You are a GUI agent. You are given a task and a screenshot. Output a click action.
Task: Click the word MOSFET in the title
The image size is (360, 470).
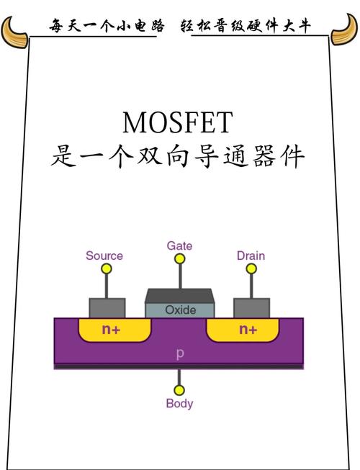click(x=178, y=122)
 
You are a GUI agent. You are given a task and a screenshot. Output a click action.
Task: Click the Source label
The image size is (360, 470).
click(x=104, y=256)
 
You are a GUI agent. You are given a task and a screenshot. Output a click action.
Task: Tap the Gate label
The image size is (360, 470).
click(x=179, y=245)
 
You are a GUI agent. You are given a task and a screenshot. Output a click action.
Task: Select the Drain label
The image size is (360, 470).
click(x=251, y=256)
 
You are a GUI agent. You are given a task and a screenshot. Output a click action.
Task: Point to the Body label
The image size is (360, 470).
click(x=179, y=403)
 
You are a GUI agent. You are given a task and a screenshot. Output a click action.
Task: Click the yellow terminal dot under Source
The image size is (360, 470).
click(x=107, y=269)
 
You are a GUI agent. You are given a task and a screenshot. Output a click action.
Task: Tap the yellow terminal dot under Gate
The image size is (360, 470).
click(x=179, y=258)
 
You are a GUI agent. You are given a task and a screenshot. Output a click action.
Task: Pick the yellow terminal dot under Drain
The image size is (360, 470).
click(x=251, y=269)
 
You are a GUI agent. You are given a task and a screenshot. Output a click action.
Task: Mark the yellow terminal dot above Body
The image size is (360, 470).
click(x=179, y=389)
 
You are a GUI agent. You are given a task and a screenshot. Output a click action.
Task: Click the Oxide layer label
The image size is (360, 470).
click(x=180, y=310)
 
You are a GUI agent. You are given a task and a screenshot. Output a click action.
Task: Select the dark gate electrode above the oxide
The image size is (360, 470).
click(x=179, y=296)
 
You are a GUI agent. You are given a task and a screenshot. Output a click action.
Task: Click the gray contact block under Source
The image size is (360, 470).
click(x=107, y=307)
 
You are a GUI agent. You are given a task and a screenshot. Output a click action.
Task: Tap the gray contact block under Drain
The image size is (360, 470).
click(x=251, y=307)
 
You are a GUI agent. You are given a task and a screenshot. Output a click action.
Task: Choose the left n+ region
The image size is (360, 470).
click(x=112, y=330)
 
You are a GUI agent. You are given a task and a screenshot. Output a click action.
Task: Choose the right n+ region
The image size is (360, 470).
click(x=247, y=330)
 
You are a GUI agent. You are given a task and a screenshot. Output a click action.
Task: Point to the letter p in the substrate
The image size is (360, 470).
click(x=179, y=353)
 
